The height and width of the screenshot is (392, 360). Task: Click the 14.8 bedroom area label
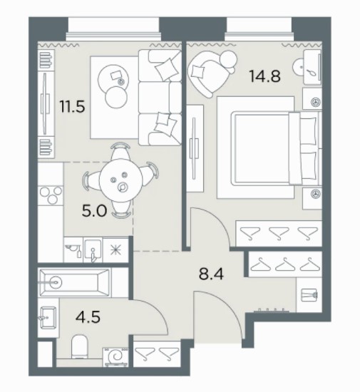264,76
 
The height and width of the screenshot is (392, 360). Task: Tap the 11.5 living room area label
72,106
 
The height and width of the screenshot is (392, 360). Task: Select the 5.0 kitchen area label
94,212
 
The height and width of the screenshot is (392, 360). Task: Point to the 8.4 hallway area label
211,274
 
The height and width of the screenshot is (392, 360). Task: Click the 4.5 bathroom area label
88,317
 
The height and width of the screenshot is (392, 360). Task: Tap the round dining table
120,180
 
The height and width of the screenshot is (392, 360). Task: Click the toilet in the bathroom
80,347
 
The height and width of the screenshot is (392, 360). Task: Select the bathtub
75,282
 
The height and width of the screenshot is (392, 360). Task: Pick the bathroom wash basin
48,317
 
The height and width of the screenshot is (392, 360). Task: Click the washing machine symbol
115,357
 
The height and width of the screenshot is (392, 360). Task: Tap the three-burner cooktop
51,195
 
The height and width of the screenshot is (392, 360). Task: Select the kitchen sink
93,249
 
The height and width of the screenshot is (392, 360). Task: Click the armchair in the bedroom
211,72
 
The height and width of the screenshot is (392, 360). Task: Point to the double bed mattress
261,148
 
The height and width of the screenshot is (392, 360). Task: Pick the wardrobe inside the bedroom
279,233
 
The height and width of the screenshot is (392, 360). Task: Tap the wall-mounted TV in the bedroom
194,148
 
